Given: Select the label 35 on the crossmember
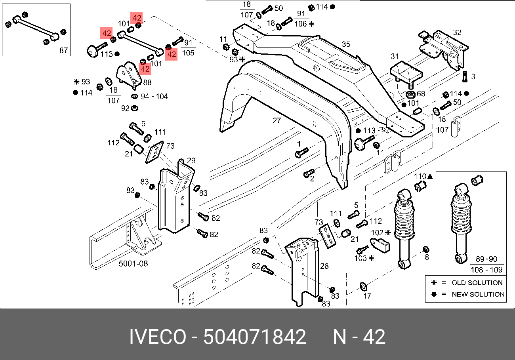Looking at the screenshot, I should point(346,44).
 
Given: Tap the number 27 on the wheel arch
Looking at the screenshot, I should point(277,120).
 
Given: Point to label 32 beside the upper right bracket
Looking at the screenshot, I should point(457,32).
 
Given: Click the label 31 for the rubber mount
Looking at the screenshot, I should point(395,56).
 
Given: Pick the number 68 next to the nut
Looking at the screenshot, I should point(421,94).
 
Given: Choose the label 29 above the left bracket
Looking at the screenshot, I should point(191,160).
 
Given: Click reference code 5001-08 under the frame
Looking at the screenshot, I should point(134,263).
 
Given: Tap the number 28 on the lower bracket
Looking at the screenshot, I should point(324,266).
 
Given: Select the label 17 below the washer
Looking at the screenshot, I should point(367,295).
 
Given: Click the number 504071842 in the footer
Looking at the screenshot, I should point(254,337).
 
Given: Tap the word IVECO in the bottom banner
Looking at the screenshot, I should point(157,337).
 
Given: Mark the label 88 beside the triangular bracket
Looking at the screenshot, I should point(147,82).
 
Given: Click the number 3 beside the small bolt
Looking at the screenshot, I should point(473,76).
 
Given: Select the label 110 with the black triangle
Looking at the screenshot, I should point(420,176).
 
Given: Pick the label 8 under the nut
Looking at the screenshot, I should point(427,257).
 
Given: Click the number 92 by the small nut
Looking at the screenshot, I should point(125,108).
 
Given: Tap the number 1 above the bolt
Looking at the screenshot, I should point(299,143).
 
